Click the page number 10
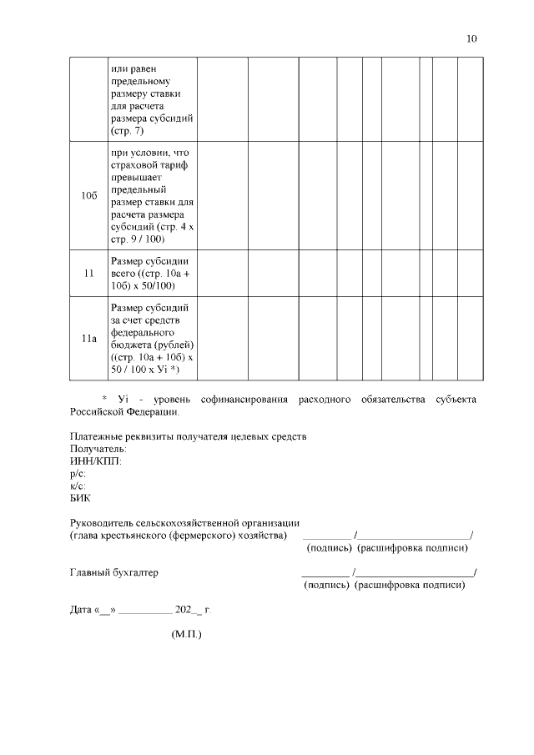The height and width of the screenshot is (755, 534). point(472,39)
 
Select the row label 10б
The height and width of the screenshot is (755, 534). point(89,195)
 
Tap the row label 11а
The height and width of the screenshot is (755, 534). point(89,339)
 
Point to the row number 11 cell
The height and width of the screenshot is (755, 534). point(89,273)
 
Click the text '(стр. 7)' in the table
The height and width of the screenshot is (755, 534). point(127,132)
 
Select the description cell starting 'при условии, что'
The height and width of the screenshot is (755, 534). point(152,195)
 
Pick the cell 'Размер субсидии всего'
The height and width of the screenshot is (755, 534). point(152,273)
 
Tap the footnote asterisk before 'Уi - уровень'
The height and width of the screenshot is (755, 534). point(104,399)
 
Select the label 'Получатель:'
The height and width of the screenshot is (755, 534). point(98,450)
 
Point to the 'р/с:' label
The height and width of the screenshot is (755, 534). point(78,474)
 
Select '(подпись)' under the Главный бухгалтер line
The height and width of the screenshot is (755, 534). point(327,585)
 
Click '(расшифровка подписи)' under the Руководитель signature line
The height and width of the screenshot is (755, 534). point(412,548)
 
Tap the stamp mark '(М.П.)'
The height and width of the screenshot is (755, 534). point(186,634)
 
